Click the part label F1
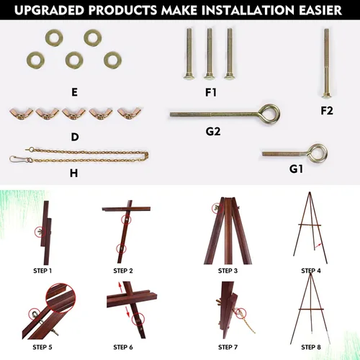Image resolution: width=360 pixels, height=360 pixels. tap(211, 92)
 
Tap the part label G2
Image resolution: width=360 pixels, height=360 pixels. tap(213, 132)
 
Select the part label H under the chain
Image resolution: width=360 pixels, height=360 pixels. tap(73, 173)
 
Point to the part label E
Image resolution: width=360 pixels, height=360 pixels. tap(74, 92)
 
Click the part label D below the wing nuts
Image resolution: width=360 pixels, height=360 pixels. tap(75, 137)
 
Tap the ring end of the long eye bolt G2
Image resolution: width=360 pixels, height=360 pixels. tap(271, 114)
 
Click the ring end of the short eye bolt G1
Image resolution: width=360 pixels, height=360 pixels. tap(318, 153)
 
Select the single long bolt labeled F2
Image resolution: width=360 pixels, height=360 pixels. tap(326, 63)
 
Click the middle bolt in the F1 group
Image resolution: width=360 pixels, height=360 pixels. tap(209, 54)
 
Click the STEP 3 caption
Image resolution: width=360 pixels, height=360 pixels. tap(228, 271)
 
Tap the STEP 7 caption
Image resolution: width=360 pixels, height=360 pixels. tap(228, 347)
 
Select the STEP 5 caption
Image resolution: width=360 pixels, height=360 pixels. tap(42, 347)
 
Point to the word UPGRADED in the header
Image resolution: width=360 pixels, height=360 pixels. tap(50, 10)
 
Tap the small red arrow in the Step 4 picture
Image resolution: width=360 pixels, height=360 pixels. tap(318, 246)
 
